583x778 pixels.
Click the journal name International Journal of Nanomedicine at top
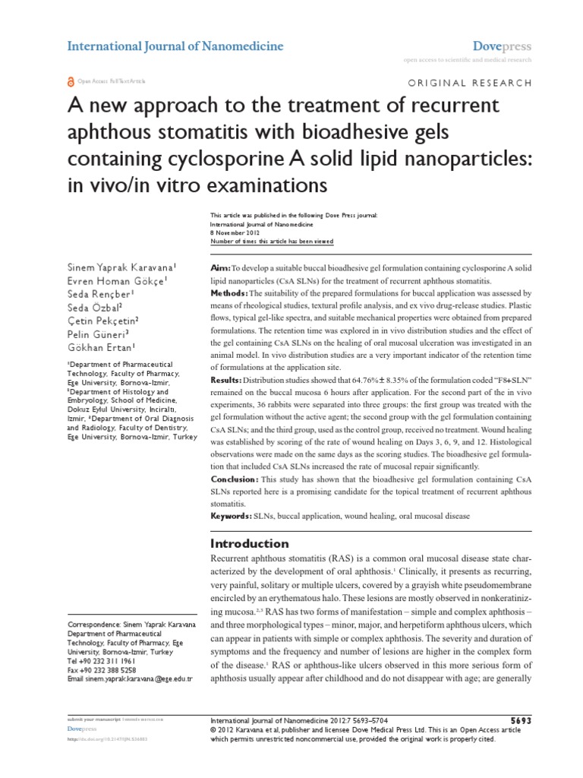(x=175, y=46)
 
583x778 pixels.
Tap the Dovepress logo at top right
(x=502, y=46)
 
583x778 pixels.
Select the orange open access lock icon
(x=71, y=81)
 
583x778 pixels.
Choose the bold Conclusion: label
(x=233, y=480)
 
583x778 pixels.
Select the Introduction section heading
(x=248, y=544)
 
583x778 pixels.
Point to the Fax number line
(x=103, y=670)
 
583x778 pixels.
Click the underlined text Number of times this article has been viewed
(x=270, y=242)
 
